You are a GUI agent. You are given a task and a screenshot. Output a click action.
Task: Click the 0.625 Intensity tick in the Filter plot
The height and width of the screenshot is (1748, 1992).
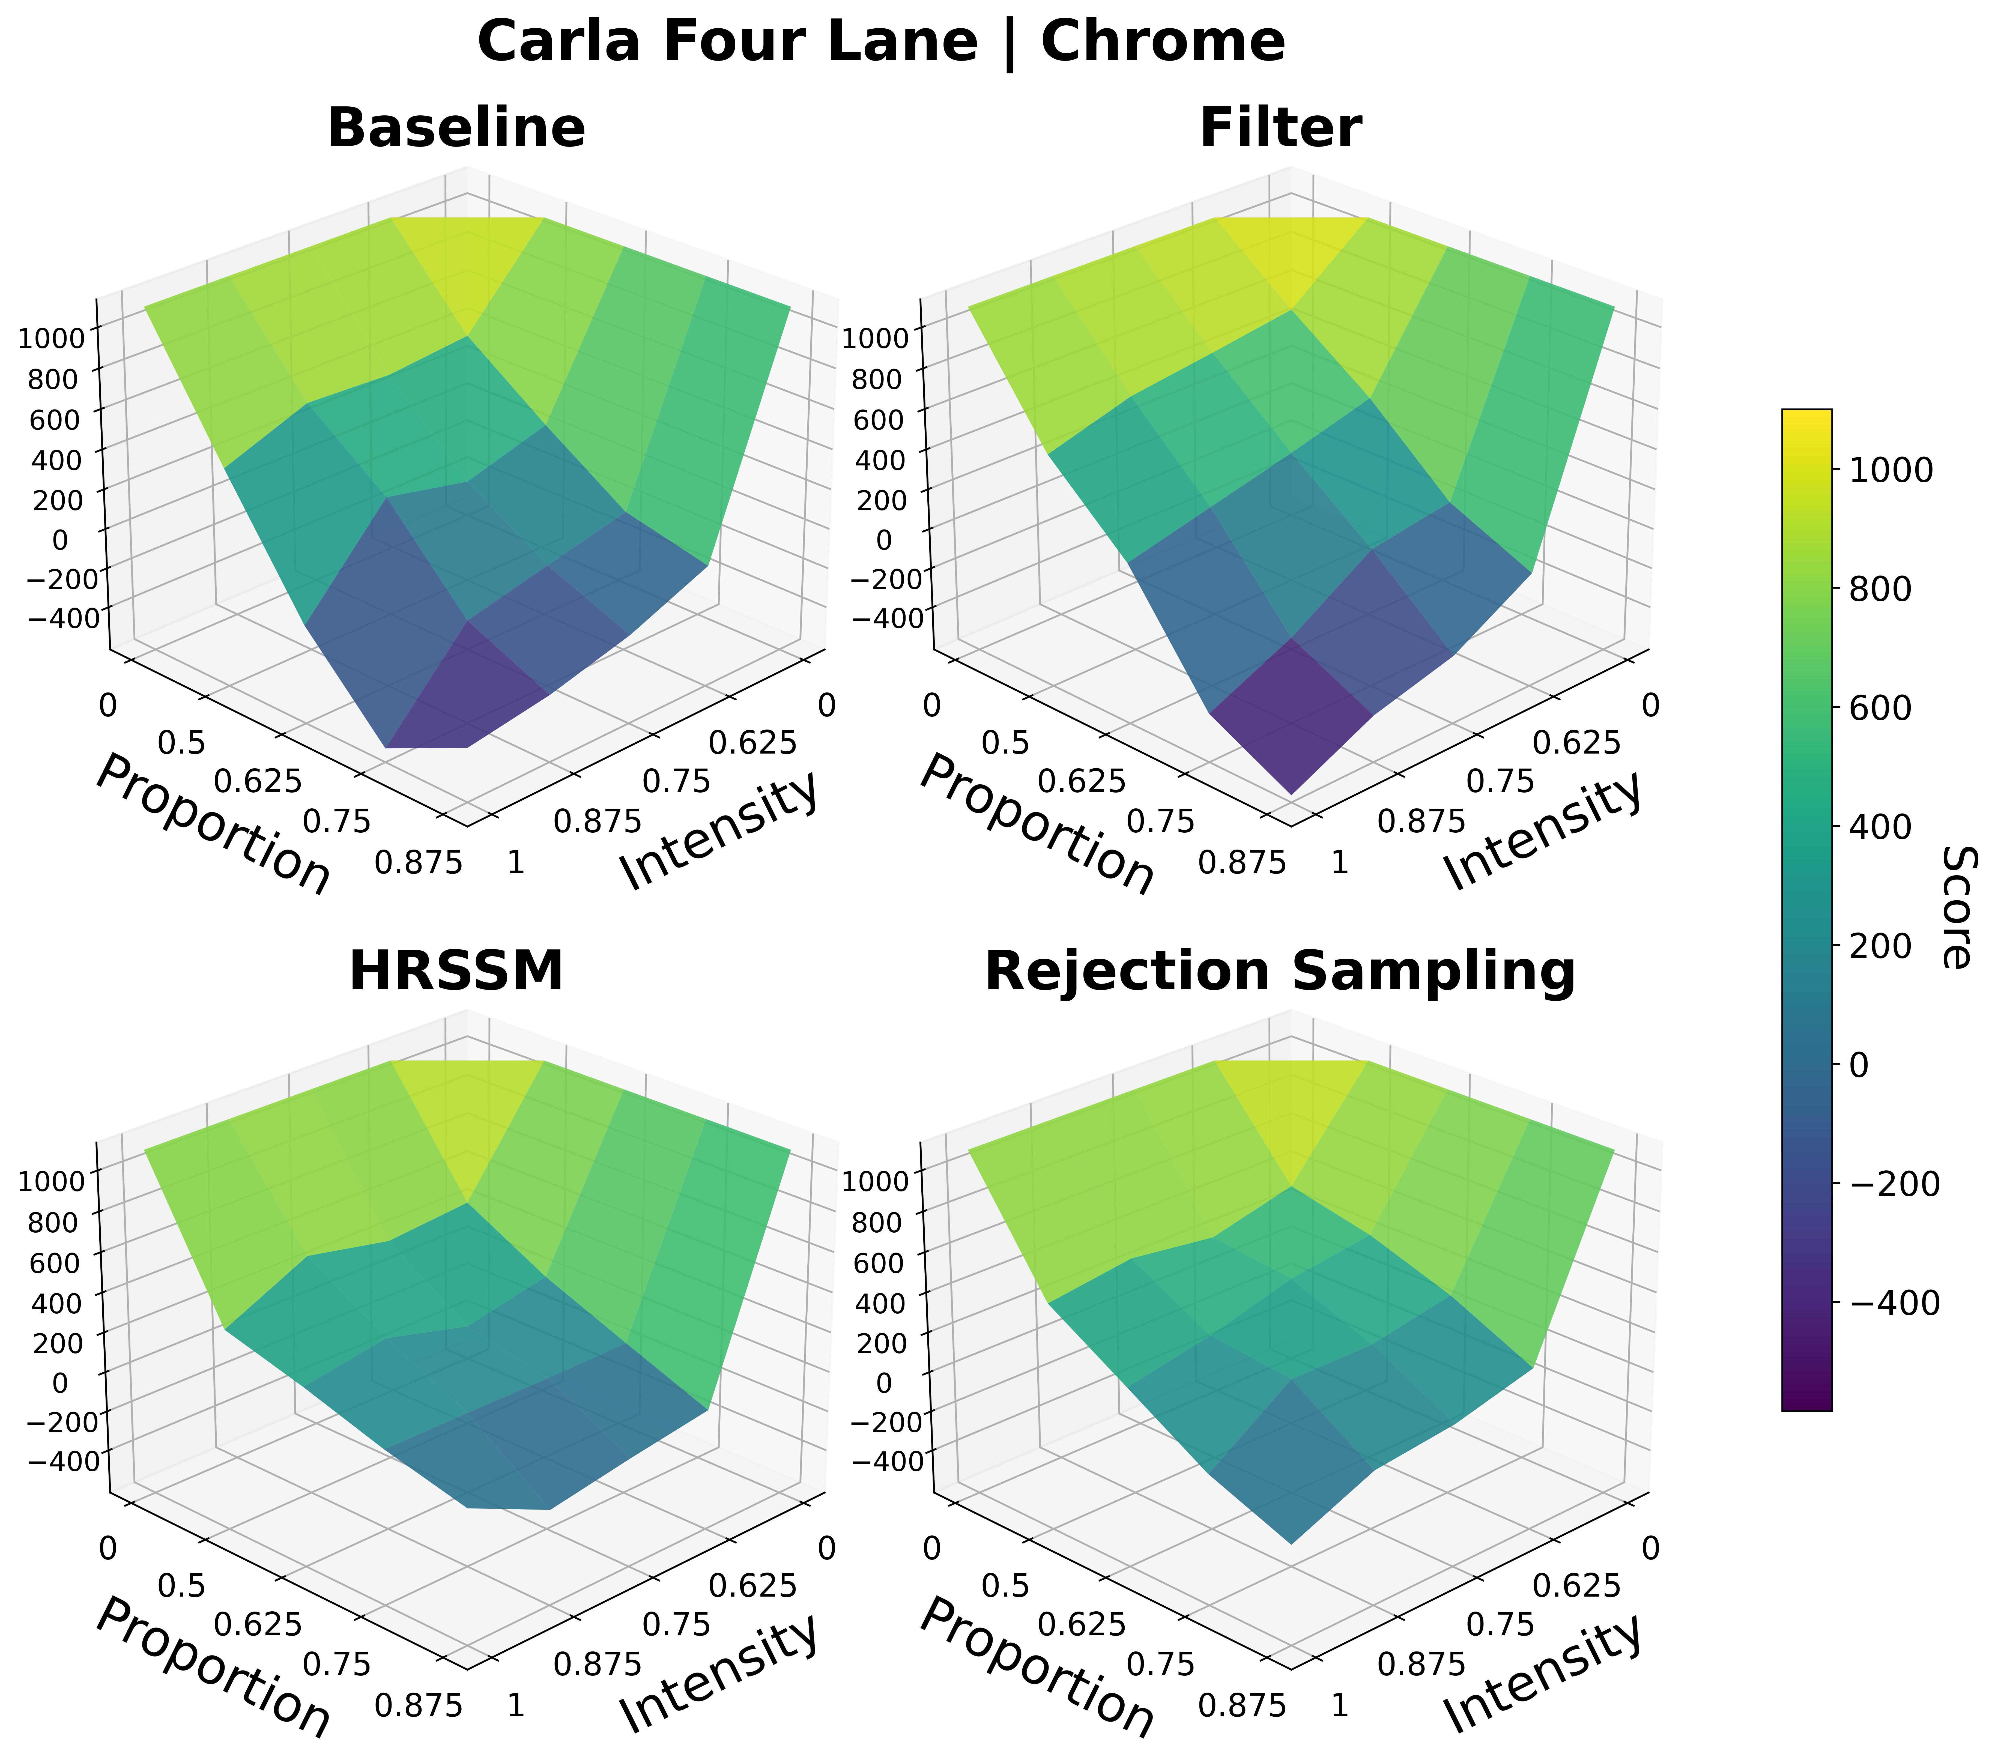(x=1576, y=745)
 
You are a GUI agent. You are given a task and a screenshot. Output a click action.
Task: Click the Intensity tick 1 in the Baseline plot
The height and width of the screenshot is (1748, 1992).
(x=516, y=862)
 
